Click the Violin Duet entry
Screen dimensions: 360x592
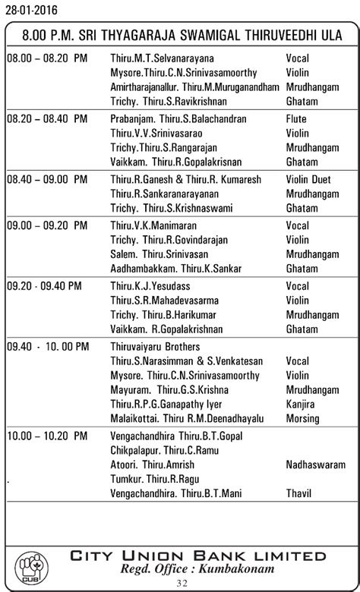pyautogui.click(x=309, y=180)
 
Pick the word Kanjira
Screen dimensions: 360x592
pyautogui.click(x=300, y=403)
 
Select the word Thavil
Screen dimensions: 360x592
pyautogui.click(x=298, y=493)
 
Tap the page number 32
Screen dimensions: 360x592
pyautogui.click(x=181, y=583)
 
